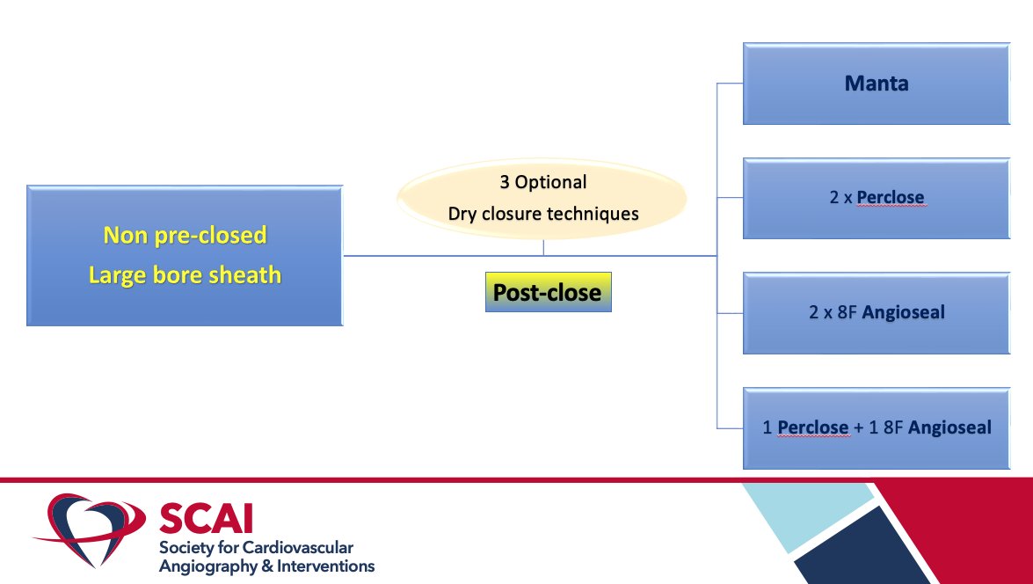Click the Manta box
pos(876,84)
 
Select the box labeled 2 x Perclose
pos(876,198)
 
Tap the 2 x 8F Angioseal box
pos(876,312)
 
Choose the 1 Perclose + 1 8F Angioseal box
pos(876,427)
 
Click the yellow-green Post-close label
pos(547,292)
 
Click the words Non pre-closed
pos(185,236)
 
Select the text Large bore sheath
pos(185,274)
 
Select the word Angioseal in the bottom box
pos(949,427)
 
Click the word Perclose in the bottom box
pos(813,427)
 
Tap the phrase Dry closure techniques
pos(542,214)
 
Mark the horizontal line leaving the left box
pos(440,256)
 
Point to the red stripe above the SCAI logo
pos(352,480)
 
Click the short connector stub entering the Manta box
pos(730,84)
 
